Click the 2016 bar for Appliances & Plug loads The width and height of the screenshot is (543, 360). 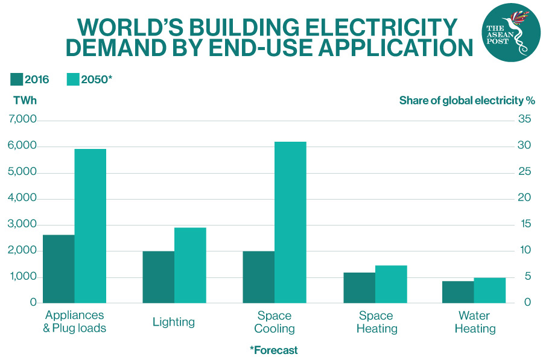[59, 269]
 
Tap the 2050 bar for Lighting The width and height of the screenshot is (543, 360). [190, 265]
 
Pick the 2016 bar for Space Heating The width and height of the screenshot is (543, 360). [359, 288]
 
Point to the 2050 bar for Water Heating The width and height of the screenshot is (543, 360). [489, 290]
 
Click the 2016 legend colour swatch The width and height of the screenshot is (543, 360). [16, 80]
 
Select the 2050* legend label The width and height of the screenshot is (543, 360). [97, 80]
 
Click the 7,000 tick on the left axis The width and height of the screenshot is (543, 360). [23, 121]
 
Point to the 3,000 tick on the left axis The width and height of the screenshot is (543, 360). [23, 225]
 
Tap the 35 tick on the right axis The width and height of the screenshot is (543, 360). [524, 120]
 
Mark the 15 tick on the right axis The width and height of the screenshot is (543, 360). [524, 224]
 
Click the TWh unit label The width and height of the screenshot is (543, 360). [25, 101]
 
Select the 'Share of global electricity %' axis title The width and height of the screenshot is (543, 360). [467, 101]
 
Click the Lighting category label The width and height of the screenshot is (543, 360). [174, 322]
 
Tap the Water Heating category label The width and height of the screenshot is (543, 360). [474, 322]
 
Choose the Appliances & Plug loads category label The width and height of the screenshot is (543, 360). [75, 322]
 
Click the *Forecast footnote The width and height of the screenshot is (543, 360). [273, 350]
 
